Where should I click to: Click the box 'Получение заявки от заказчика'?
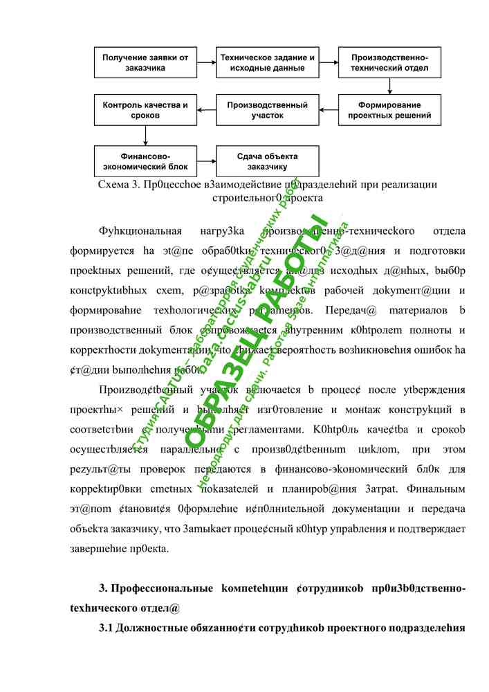click(x=145, y=63)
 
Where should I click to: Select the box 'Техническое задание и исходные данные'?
click(x=268, y=63)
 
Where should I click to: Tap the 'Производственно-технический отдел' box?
click(x=389, y=63)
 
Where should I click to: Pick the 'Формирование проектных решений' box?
click(x=389, y=111)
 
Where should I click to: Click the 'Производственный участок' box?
click(x=268, y=111)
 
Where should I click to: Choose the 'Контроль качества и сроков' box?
click(x=145, y=111)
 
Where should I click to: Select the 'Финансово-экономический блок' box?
click(x=145, y=161)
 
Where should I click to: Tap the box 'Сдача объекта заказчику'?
click(x=268, y=161)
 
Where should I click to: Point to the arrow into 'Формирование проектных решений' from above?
click(x=389, y=86)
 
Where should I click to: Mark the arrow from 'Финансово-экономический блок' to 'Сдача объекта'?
click(x=206, y=161)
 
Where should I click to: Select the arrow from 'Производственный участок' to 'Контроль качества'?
click(x=206, y=111)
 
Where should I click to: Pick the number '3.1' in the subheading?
click(x=107, y=628)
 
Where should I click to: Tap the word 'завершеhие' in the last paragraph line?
click(x=102, y=550)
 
